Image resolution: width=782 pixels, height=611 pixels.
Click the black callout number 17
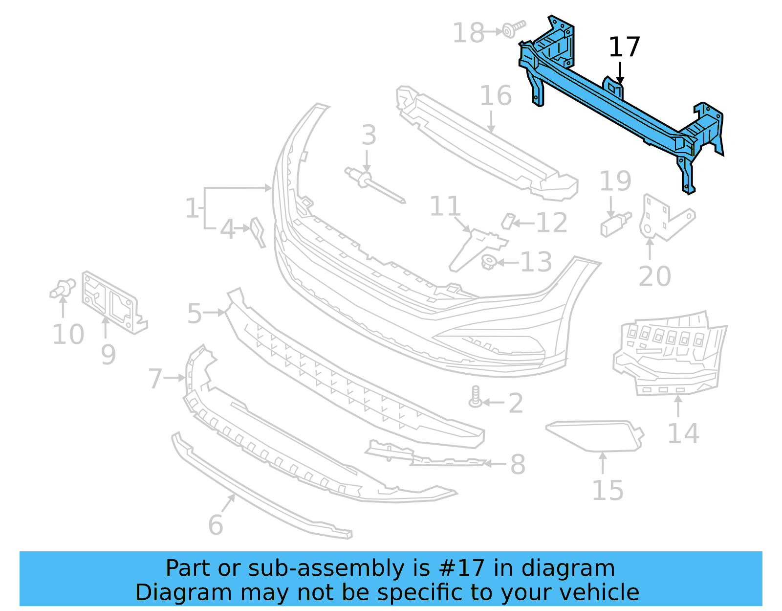[x=624, y=47]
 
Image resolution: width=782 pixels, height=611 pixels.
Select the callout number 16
[x=496, y=95]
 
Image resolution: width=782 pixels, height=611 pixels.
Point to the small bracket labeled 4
[x=258, y=231]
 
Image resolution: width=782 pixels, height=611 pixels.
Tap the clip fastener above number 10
[x=63, y=289]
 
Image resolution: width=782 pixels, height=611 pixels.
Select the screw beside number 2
[x=475, y=397]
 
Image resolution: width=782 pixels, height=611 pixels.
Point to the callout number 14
[x=683, y=433]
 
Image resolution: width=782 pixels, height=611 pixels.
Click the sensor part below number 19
[x=615, y=225]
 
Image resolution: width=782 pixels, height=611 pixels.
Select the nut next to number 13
[x=489, y=263]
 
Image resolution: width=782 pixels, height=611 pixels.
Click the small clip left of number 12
[x=508, y=221]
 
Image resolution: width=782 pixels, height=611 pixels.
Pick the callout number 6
[x=216, y=525]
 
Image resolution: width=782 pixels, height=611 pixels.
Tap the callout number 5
[x=195, y=313]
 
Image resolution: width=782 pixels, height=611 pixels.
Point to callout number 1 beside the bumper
[x=192, y=208]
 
